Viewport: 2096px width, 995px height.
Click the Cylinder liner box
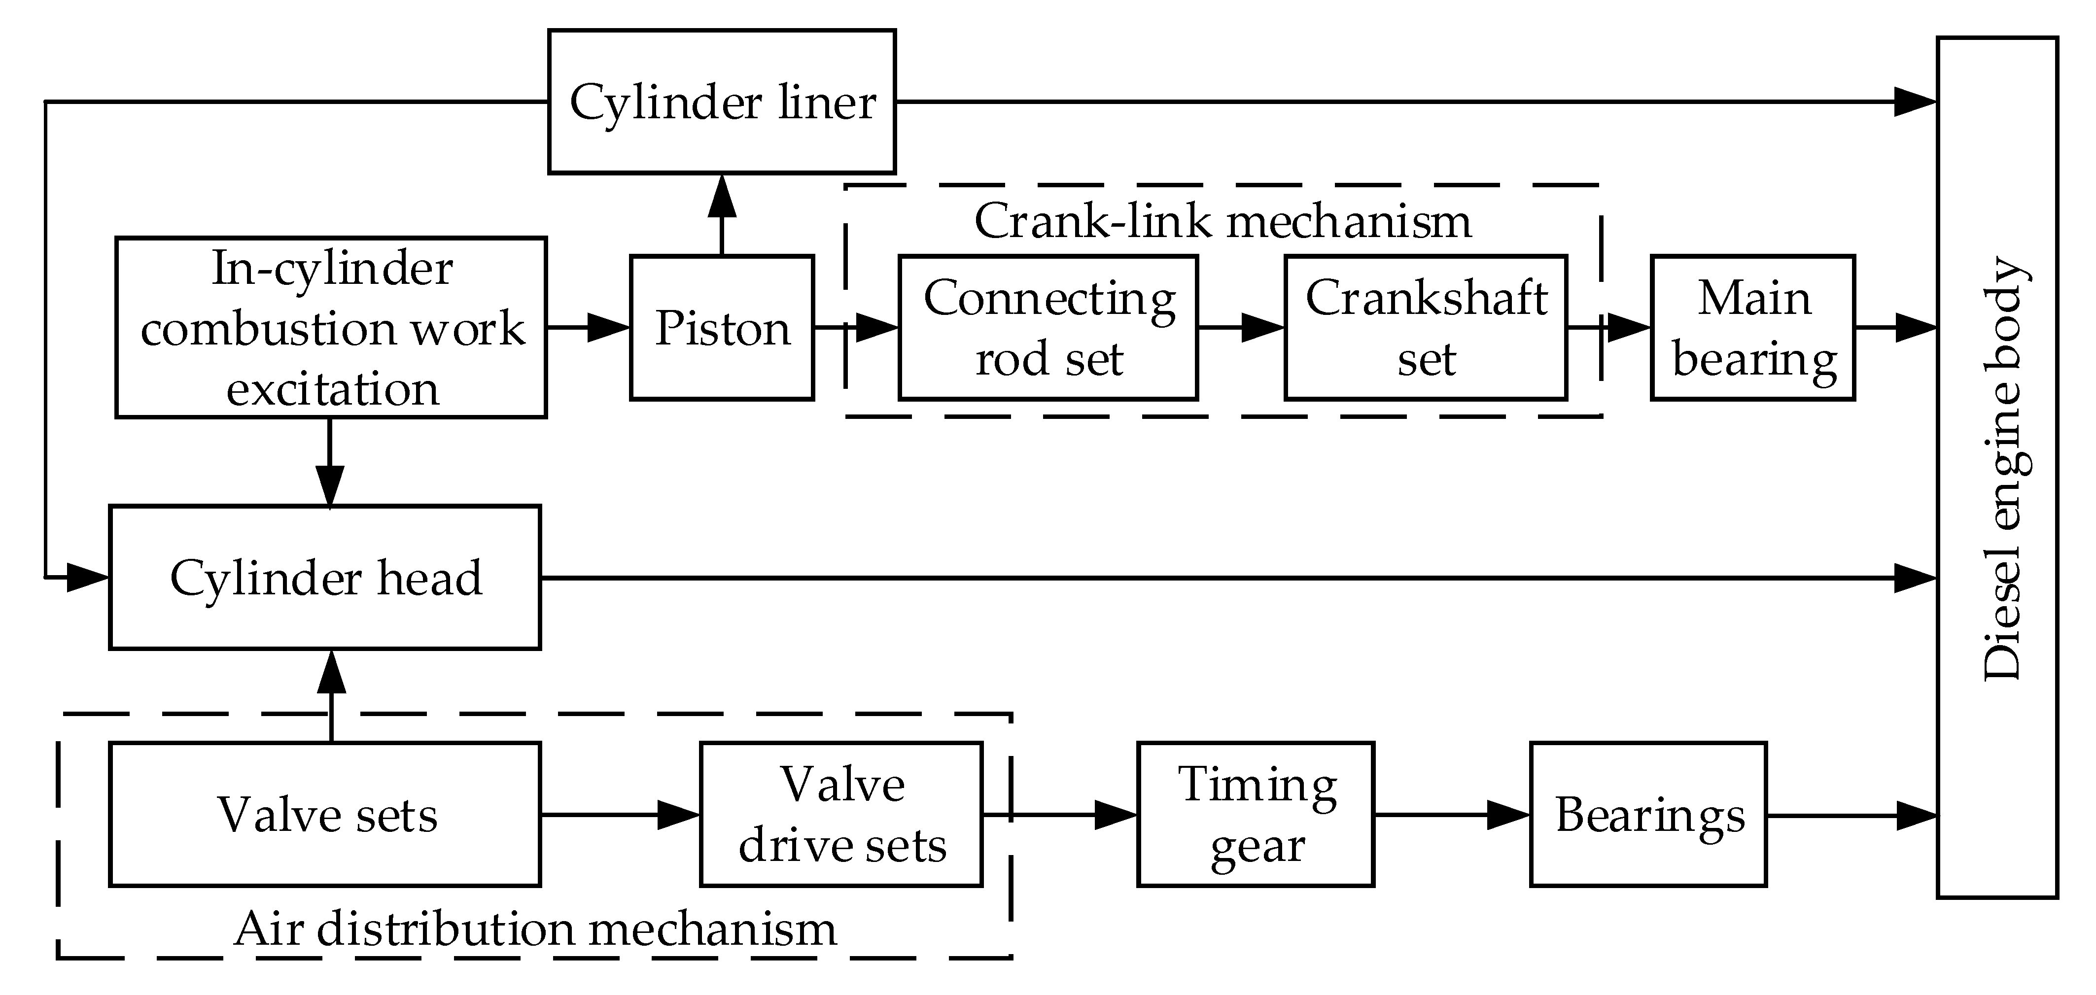click(722, 102)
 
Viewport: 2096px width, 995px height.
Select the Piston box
click(722, 328)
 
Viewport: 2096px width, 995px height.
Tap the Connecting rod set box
click(1048, 328)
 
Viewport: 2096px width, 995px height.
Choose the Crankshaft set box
click(1426, 328)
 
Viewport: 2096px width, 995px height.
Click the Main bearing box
click(1752, 328)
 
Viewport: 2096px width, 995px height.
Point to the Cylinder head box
click(325, 578)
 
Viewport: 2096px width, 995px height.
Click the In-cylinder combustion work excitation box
click(331, 328)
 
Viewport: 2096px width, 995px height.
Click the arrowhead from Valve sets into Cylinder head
click(331, 672)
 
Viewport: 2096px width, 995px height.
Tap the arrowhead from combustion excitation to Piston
click(609, 328)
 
